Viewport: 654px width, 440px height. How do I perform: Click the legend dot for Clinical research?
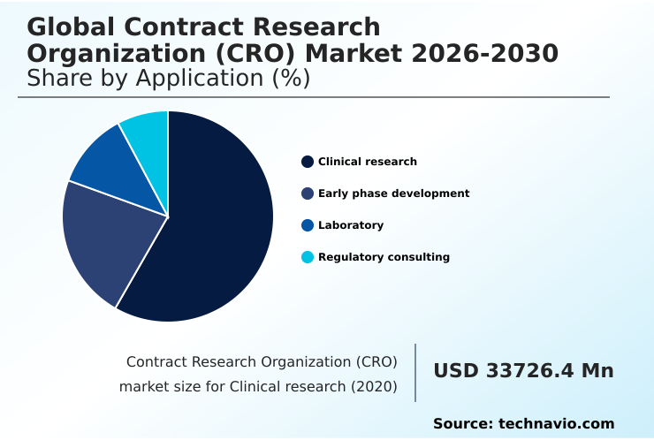308,162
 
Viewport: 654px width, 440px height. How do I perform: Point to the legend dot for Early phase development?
308,193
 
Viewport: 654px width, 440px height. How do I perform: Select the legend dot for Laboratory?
308,225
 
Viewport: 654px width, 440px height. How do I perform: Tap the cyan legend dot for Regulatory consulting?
308,257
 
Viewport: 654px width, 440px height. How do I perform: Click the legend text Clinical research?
367,162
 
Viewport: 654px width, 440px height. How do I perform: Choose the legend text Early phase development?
393,193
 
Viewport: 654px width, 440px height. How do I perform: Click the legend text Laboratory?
351,225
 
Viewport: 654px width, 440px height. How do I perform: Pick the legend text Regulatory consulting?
384,257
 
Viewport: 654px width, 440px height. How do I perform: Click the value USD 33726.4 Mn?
523,371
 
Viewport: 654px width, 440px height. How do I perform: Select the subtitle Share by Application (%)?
168,79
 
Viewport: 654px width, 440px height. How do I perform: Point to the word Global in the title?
66,27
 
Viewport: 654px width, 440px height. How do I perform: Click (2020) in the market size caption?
374,386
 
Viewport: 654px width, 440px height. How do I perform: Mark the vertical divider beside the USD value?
415,373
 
